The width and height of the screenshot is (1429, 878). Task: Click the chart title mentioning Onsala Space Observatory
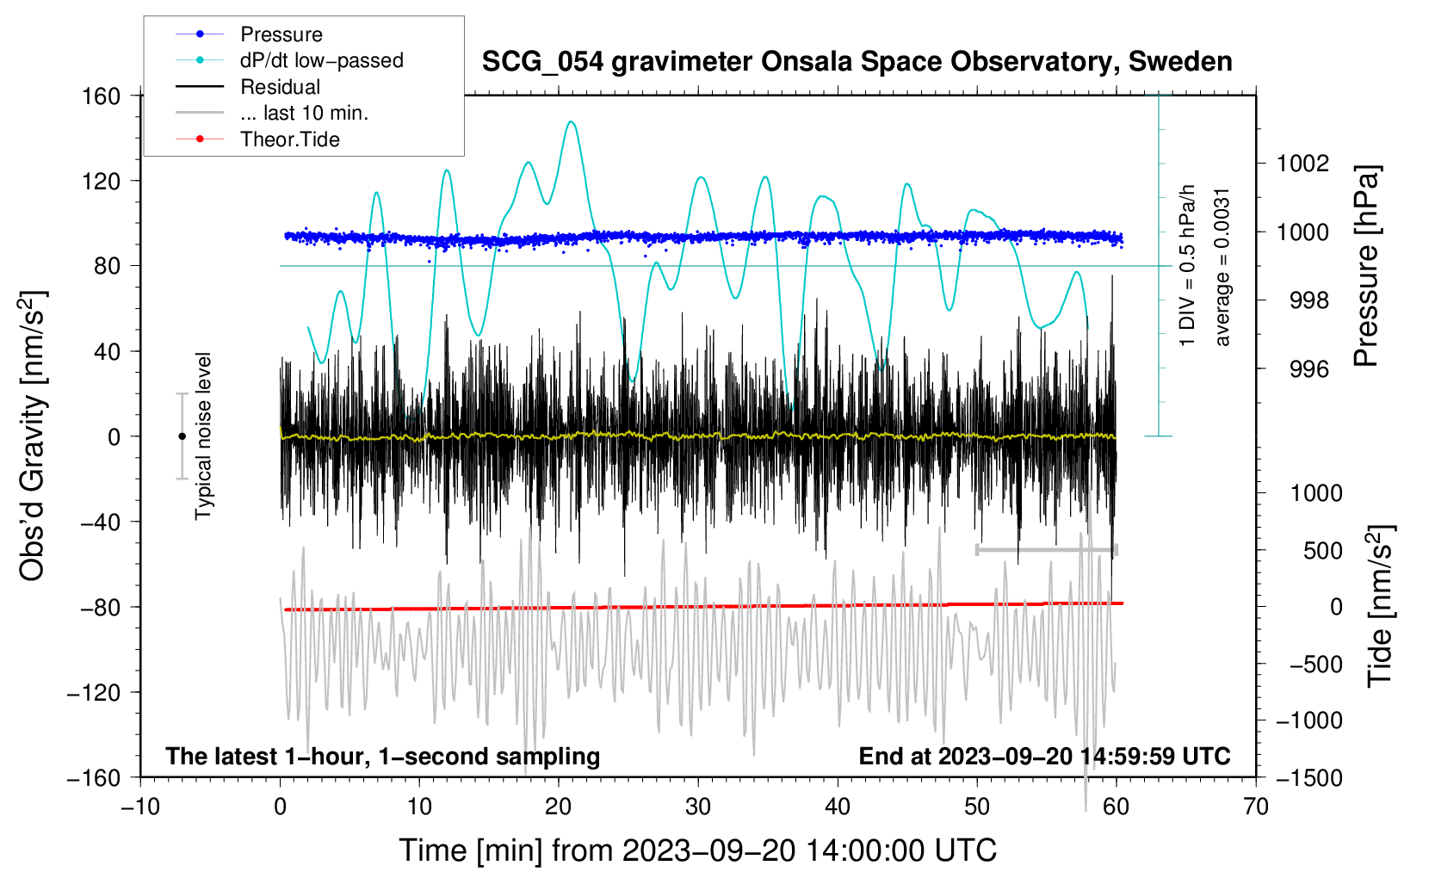pos(857,62)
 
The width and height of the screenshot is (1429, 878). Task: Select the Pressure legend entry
pos(281,34)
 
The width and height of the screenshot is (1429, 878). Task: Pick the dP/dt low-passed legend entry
pos(321,60)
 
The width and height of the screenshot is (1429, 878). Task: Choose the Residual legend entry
pos(280,87)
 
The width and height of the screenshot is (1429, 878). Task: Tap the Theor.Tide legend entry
pos(289,139)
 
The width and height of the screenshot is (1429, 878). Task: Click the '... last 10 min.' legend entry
pos(304,113)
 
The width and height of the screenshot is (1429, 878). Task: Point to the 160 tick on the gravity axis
pos(102,96)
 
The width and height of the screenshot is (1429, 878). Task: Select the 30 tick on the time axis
pos(698,807)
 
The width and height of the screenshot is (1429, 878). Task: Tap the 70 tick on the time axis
pos(1256,807)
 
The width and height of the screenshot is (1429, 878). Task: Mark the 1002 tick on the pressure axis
pos(1302,164)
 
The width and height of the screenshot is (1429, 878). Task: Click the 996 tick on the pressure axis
pos(1308,369)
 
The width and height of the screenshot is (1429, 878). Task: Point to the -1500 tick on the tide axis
pos(1308,777)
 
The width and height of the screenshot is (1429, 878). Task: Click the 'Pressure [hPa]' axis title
pos(1366,267)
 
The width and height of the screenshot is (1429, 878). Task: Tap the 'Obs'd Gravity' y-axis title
pos(33,436)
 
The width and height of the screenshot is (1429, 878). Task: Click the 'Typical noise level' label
pos(203,436)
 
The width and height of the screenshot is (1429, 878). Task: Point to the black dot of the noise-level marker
pos(182,436)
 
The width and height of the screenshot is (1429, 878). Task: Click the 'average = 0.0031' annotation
pos(1222,267)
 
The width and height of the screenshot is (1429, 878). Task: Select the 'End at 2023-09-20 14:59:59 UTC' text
pos(1044,757)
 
